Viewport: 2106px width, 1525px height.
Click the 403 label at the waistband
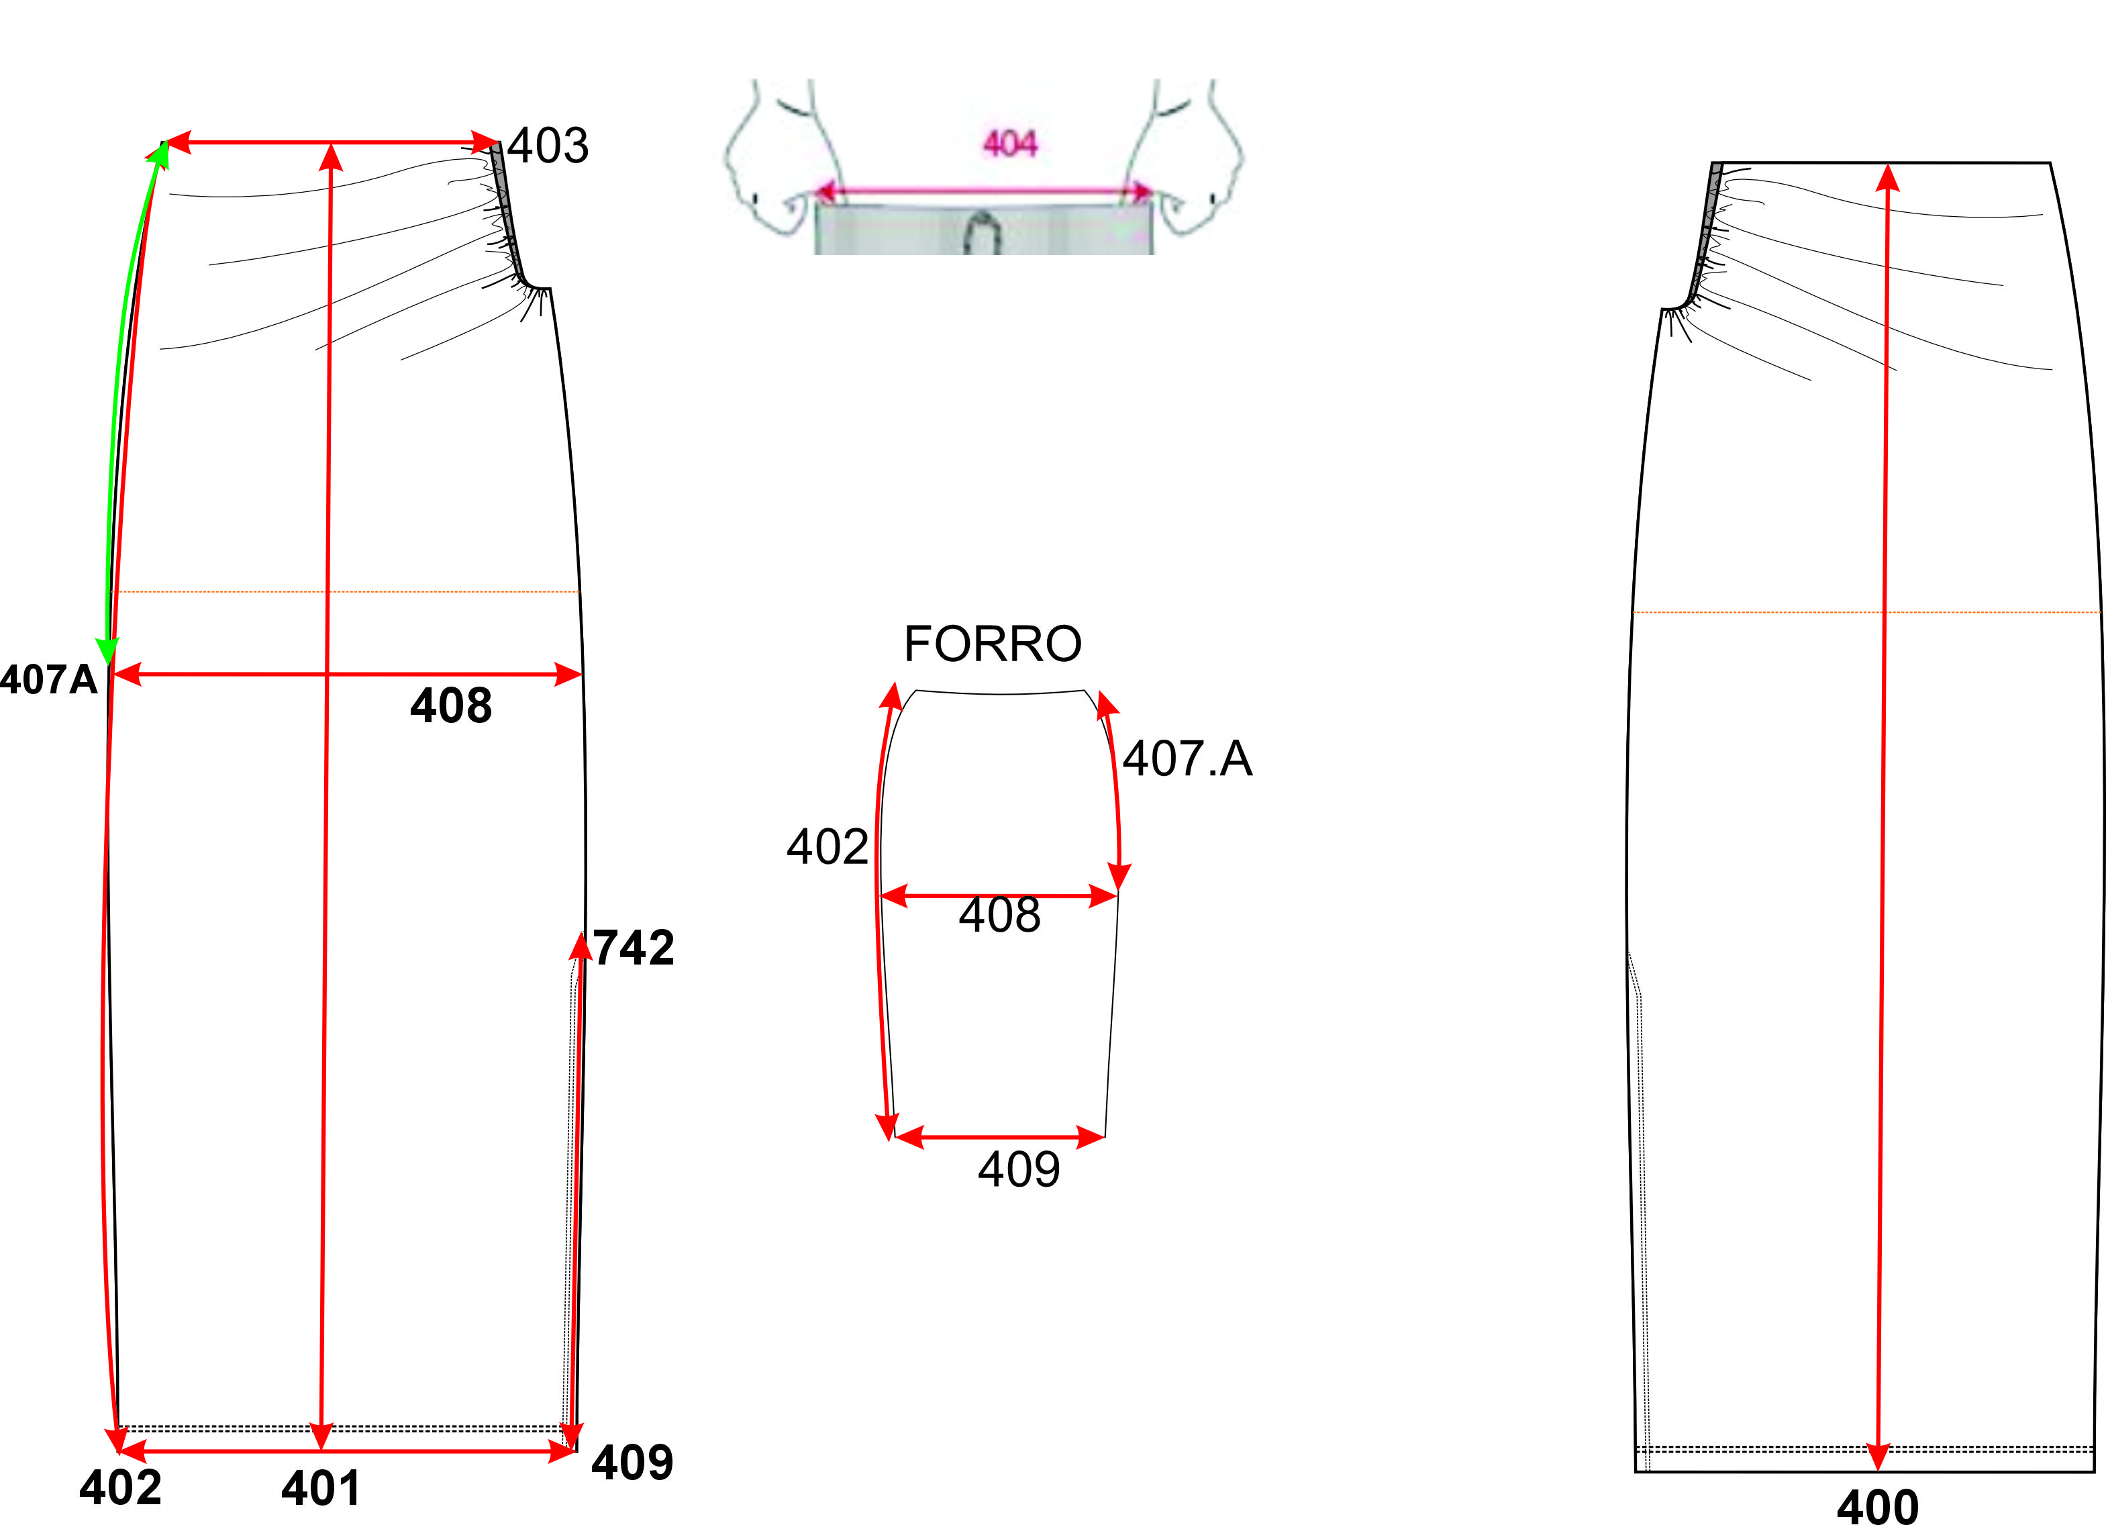[548, 146]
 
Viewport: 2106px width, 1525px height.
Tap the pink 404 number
[1009, 144]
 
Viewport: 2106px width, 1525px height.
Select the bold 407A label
[48, 680]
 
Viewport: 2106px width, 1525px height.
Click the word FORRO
[993, 644]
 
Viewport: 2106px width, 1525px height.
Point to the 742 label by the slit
[634, 948]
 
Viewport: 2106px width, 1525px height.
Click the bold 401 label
[321, 1488]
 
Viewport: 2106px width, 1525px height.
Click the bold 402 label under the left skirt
[121, 1487]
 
